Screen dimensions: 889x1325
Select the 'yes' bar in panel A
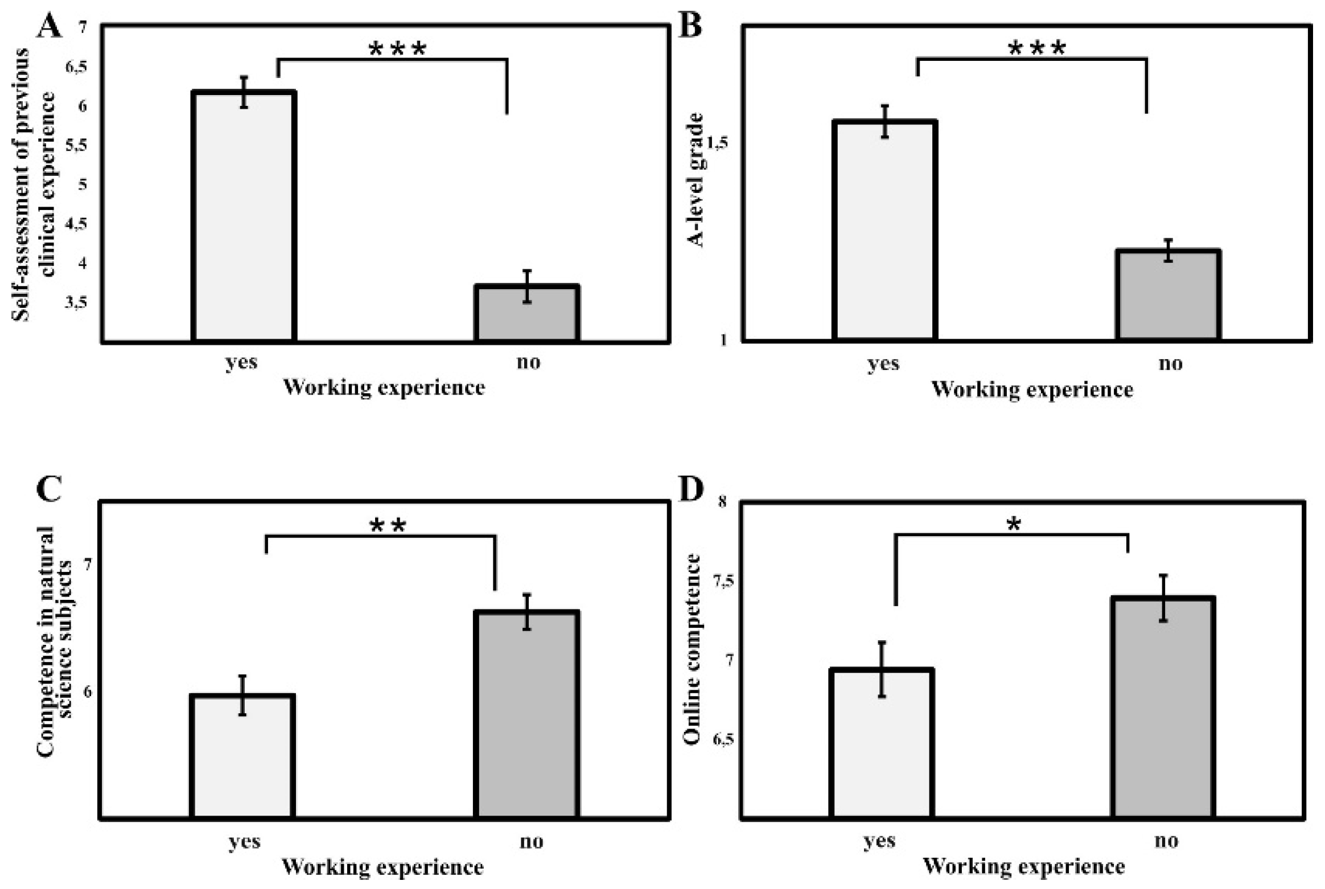[244, 216]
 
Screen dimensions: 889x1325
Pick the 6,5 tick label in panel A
[76, 67]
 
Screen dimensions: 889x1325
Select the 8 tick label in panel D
[723, 502]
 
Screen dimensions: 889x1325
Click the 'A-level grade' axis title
[696, 180]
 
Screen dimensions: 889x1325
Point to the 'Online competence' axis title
[692, 649]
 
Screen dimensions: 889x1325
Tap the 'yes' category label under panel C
[245, 842]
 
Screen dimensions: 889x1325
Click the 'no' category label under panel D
[1166, 841]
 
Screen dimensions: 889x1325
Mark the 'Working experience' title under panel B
[1031, 390]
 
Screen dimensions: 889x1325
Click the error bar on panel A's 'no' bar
[528, 286]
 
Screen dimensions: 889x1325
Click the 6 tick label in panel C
[88, 692]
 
